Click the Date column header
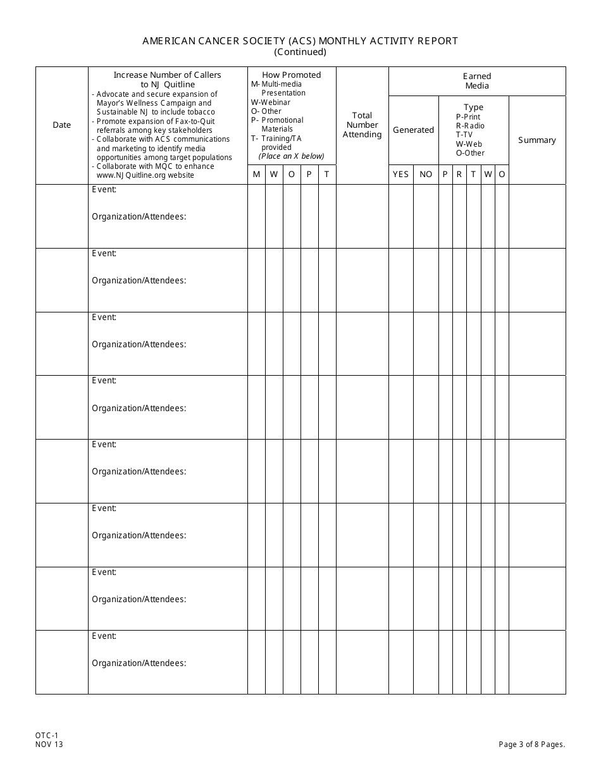click(61, 125)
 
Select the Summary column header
click(536, 140)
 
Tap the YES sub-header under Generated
click(400, 175)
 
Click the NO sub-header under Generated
click(426, 175)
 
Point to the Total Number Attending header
click(362, 125)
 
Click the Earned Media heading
click(477, 81)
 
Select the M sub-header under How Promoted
click(256, 175)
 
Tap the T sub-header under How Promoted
click(326, 175)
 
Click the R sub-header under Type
click(459, 175)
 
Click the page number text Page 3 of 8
click(531, 744)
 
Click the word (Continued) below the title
click(300, 52)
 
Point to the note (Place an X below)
click(291, 156)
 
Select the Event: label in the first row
click(104, 189)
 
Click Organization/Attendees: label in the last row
click(139, 664)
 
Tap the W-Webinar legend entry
click(271, 102)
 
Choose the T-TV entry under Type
click(464, 135)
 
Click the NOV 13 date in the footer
click(49, 744)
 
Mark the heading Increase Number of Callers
click(167, 75)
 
